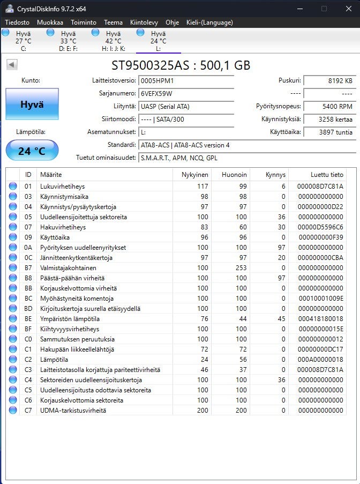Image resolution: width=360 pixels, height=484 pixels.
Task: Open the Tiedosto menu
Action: [x=17, y=23]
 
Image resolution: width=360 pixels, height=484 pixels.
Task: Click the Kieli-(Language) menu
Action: [x=209, y=23]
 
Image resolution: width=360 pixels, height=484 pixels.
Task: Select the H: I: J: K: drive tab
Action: [x=113, y=41]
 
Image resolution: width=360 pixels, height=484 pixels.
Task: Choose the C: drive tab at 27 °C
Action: [x=23, y=41]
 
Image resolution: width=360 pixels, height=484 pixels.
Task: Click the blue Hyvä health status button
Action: [x=32, y=105]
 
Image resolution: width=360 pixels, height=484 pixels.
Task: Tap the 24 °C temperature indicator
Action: [x=32, y=151]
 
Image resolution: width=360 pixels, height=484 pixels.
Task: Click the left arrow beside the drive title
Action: [x=12, y=65]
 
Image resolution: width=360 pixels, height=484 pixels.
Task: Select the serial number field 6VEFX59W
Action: [x=185, y=94]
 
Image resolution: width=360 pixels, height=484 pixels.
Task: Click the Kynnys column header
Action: [x=275, y=175]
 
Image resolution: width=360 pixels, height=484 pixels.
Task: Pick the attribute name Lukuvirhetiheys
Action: [x=63, y=187]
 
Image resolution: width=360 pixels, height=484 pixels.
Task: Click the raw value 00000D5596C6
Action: [x=320, y=227]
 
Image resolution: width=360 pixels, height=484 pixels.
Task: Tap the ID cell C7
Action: [x=28, y=411]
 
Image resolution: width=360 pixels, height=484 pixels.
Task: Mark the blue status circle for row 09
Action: [x=13, y=237]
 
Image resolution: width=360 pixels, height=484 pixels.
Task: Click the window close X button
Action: [x=348, y=9]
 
